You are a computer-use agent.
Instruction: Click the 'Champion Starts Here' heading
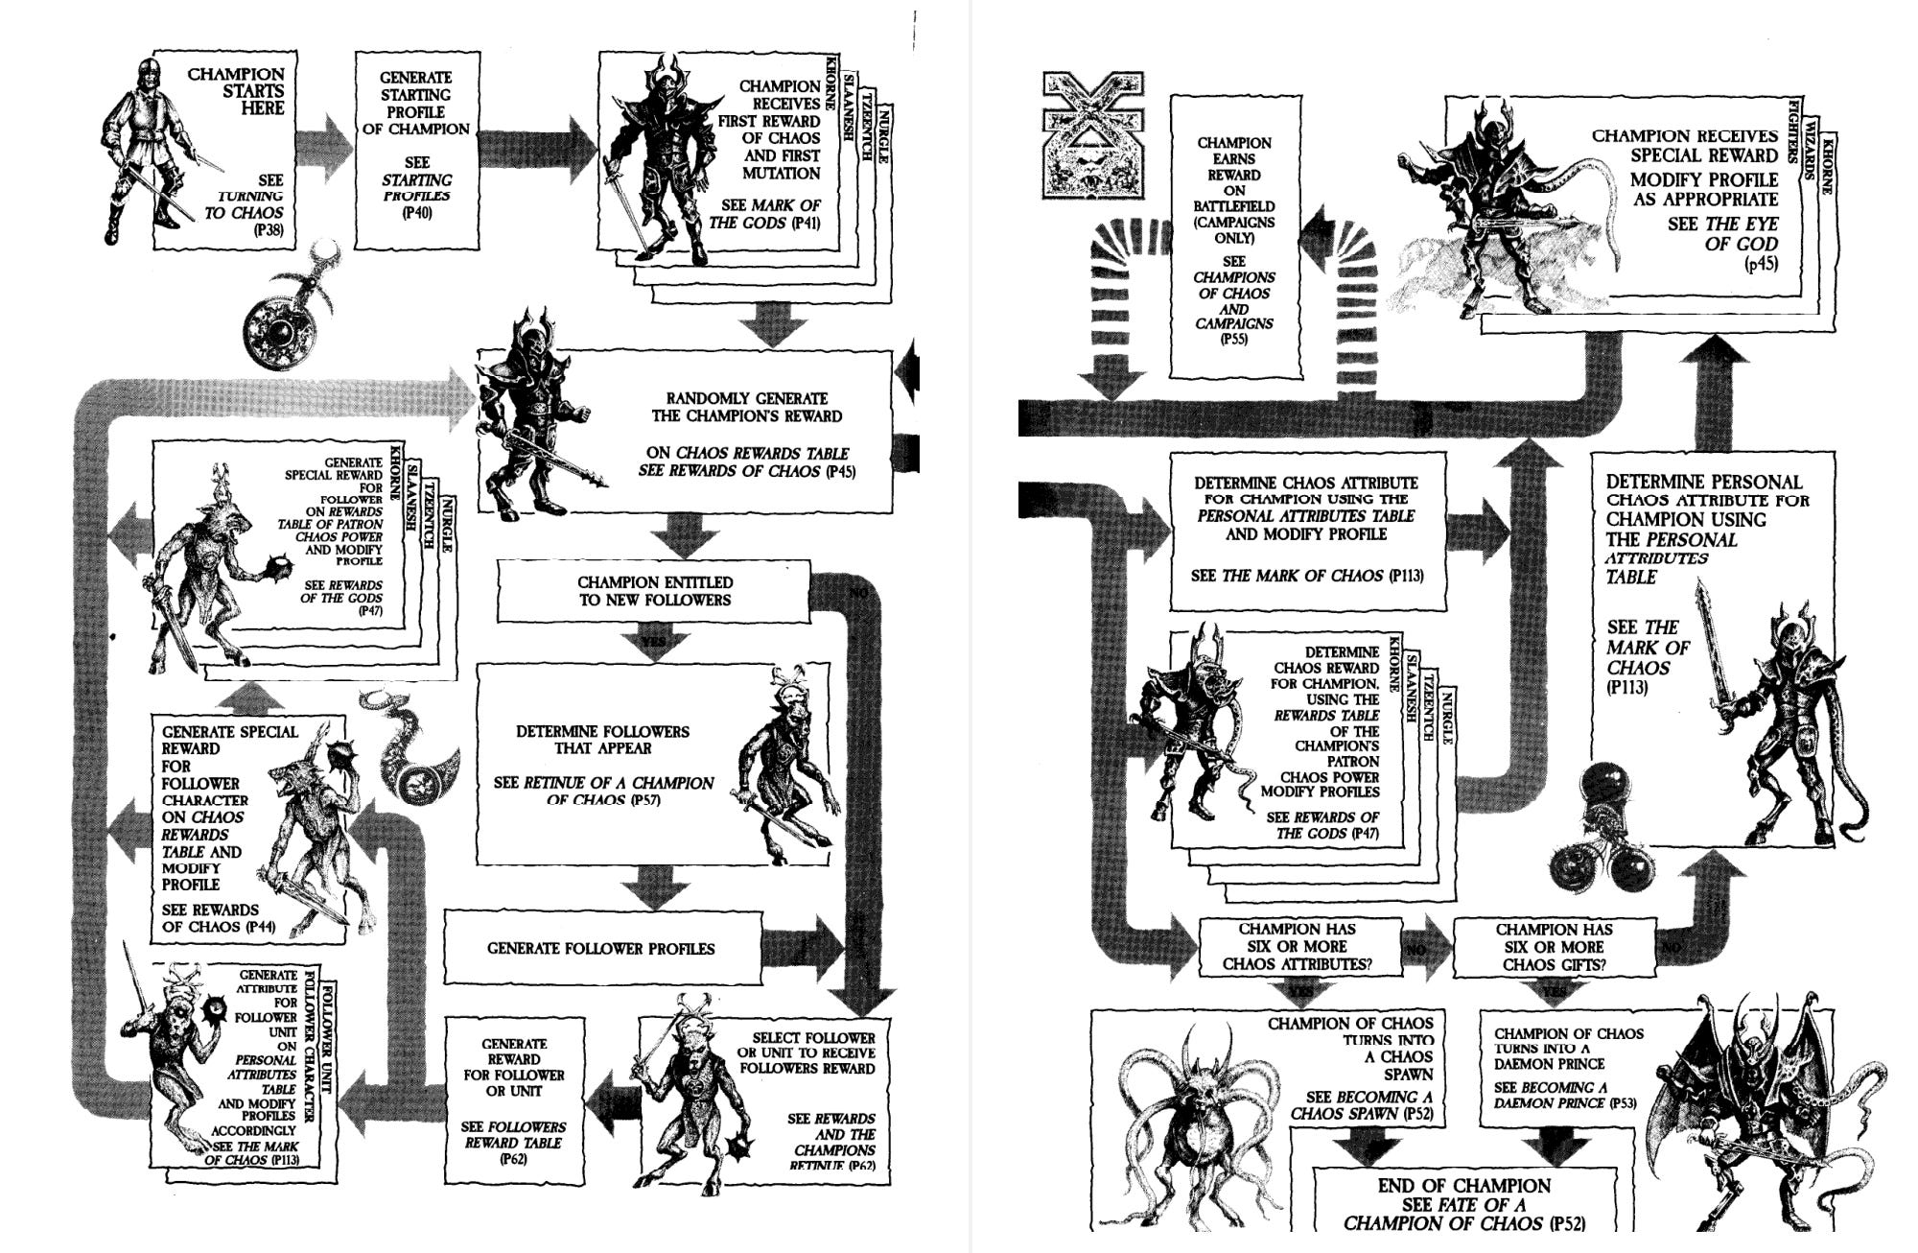236,91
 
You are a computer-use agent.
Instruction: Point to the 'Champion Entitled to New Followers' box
654,592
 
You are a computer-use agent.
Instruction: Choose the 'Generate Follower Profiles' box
601,949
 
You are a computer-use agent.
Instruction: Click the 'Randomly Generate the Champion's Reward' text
746,408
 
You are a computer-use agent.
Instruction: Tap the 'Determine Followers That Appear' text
602,740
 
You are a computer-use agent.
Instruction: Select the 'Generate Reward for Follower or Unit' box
514,1100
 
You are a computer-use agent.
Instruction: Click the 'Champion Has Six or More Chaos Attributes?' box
1297,946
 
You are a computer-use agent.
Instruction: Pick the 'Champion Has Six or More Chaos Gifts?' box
1554,946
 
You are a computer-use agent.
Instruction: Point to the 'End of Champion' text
1463,1186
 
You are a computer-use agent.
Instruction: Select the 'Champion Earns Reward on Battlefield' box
1233,240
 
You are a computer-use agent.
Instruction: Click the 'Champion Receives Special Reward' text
1684,146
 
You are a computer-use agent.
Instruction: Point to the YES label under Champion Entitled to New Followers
654,642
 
